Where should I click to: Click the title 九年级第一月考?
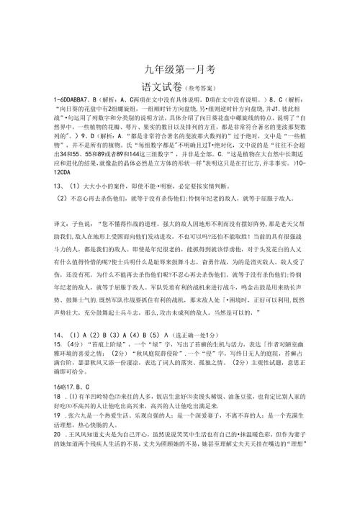[x=179, y=70]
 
